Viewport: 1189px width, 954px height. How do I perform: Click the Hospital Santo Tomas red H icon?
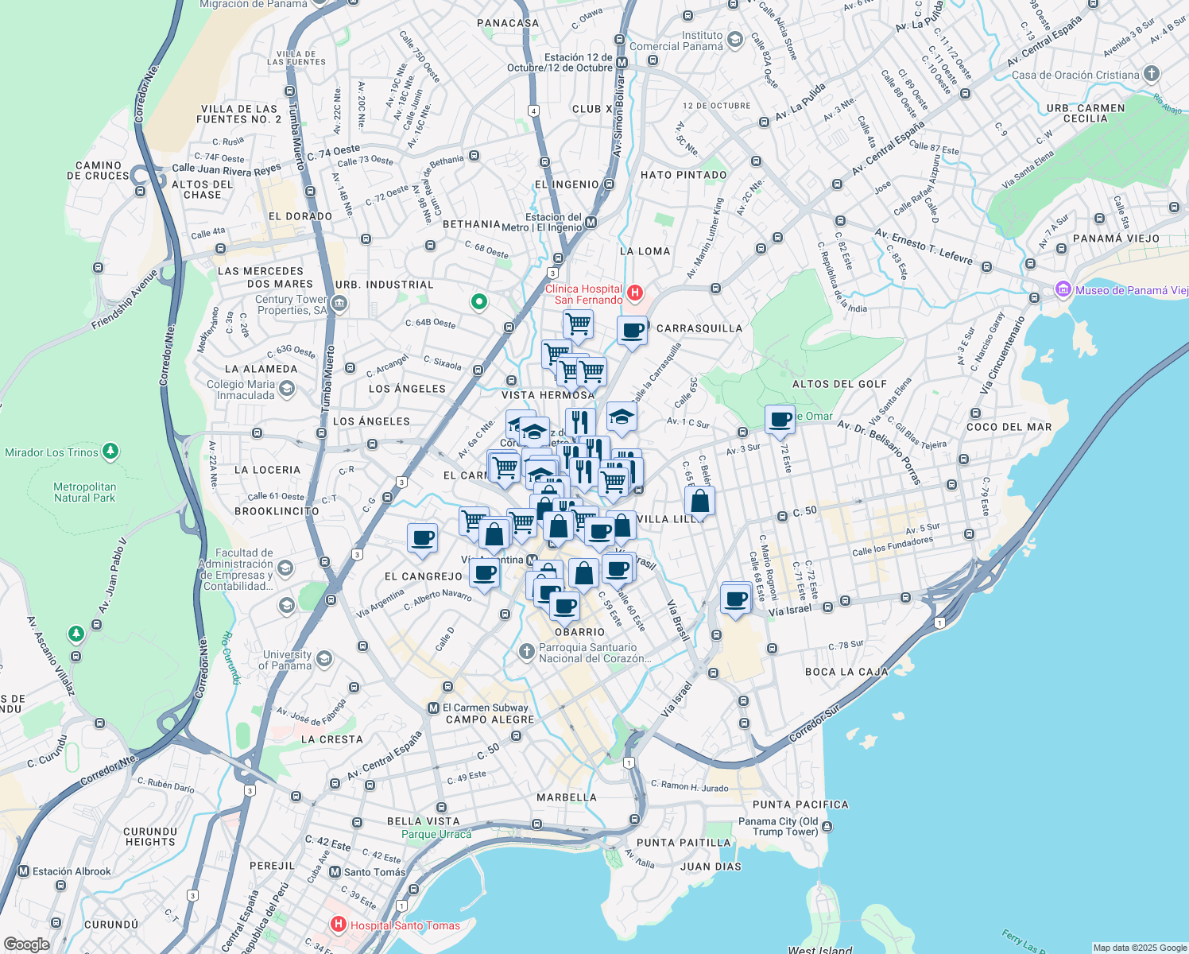coord(339,925)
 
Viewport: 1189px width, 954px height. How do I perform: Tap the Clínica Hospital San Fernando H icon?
coord(634,293)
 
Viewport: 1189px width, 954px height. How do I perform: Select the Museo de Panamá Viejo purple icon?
coord(1063,290)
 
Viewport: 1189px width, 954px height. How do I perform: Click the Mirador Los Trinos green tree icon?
coord(110,452)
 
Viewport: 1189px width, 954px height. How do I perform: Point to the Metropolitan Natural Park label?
coord(84,492)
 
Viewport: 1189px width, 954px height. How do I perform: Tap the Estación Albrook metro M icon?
coord(23,871)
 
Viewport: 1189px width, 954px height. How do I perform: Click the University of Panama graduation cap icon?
coord(323,659)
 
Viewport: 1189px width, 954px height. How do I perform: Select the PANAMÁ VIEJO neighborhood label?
coord(1116,238)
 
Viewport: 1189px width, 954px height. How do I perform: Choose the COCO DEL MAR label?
coord(1009,427)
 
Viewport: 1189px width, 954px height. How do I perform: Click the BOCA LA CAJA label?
coord(846,672)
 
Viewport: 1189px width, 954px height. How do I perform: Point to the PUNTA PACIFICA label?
coord(800,805)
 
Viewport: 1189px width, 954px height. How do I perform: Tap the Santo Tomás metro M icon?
coord(335,872)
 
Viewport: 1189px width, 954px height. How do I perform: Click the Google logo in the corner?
coord(27,944)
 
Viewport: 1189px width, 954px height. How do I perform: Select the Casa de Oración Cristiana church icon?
coord(1151,75)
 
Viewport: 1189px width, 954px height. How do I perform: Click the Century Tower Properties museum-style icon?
coord(339,303)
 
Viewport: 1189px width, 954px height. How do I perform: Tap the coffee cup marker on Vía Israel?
coord(736,599)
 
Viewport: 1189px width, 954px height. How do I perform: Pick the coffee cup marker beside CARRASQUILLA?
coord(633,330)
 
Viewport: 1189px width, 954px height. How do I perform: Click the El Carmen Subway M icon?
coord(433,708)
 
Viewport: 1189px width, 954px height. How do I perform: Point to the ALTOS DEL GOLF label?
coord(839,384)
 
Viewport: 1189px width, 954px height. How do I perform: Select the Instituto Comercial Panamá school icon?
coord(735,40)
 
